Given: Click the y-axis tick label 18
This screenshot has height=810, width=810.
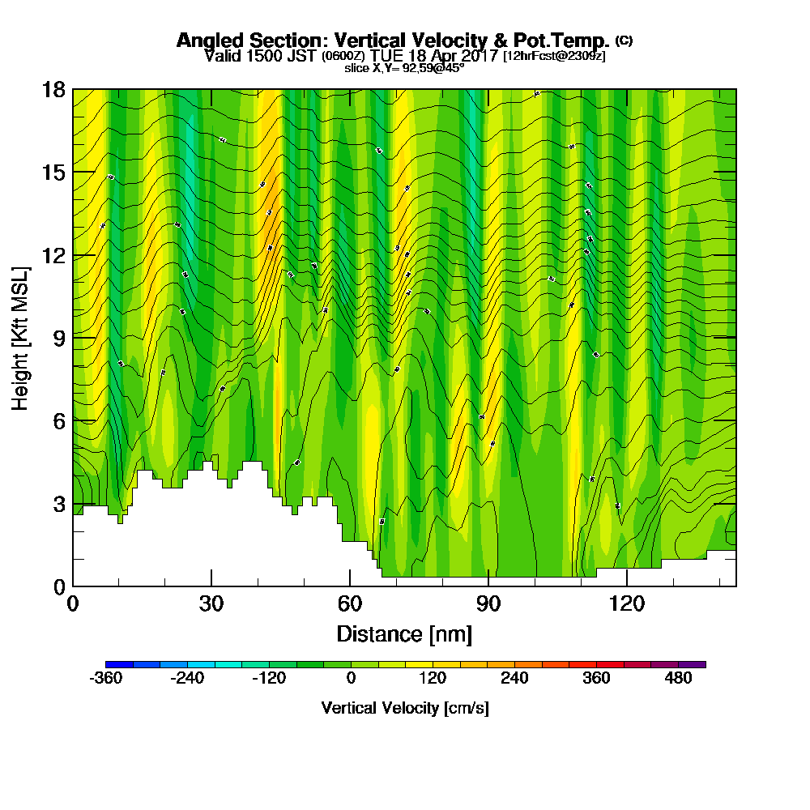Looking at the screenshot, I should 53,89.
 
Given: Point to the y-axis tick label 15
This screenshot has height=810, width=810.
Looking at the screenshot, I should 53,172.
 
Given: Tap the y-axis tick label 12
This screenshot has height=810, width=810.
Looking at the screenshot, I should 53,255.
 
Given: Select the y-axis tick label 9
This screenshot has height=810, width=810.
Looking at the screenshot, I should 58,338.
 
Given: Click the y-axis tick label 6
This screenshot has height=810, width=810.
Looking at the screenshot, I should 58,420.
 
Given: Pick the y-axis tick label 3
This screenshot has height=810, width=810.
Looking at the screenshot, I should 58,503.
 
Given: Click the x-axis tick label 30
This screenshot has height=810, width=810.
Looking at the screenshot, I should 211,603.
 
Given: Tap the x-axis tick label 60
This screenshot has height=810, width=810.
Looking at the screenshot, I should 350,603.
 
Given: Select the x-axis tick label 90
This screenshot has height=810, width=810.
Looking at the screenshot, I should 488,603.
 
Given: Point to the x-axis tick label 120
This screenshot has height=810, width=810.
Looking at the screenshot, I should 626,603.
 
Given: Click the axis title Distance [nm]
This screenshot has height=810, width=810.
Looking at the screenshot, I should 404,633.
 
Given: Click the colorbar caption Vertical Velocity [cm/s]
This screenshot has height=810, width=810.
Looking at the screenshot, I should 404,708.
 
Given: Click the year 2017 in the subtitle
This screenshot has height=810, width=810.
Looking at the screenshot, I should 477,57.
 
